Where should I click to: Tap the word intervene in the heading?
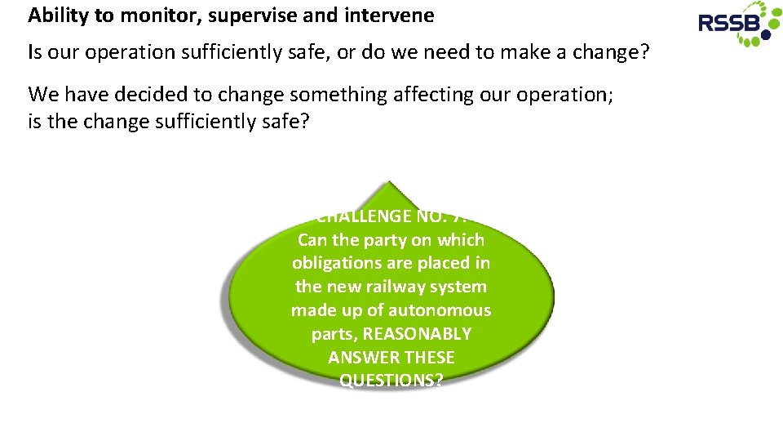click(389, 15)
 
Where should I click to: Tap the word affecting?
click(432, 94)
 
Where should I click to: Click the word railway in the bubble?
click(391, 287)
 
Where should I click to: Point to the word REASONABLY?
click(417, 334)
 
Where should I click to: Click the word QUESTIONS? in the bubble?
click(391, 381)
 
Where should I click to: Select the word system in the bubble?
click(459, 287)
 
